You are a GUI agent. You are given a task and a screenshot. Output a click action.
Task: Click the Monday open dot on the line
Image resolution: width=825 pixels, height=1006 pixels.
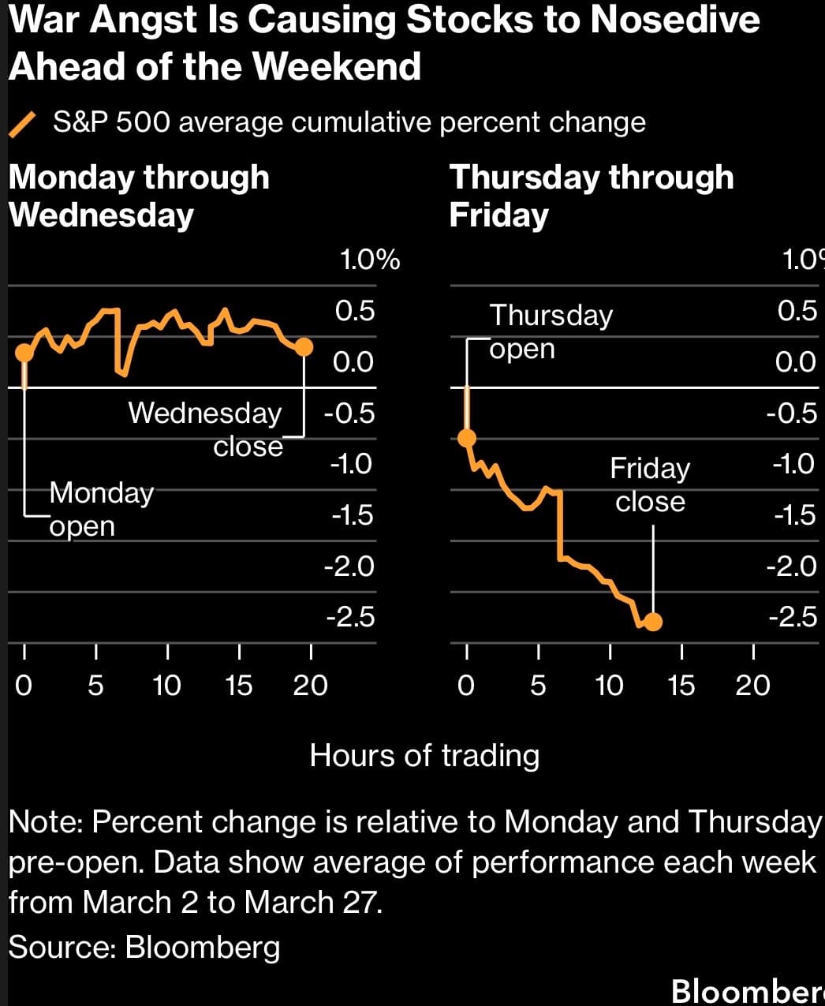[24, 351]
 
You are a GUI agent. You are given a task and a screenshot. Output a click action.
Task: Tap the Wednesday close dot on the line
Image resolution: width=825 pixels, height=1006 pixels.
[304, 346]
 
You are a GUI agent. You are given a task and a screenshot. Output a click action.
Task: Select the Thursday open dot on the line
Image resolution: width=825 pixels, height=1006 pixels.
[467, 438]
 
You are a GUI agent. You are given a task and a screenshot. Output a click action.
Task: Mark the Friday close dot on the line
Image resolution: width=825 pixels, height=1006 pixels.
[653, 622]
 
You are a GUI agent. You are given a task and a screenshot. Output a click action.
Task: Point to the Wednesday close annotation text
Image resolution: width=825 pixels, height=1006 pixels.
[205, 429]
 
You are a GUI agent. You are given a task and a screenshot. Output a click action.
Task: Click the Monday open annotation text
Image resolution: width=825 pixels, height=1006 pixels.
[101, 509]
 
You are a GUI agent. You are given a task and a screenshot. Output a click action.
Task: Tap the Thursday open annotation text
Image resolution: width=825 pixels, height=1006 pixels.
[551, 331]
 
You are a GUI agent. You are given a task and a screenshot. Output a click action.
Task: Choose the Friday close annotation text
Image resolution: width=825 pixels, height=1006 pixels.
[650, 484]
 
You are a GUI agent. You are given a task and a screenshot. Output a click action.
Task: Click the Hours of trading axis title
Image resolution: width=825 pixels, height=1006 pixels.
[424, 755]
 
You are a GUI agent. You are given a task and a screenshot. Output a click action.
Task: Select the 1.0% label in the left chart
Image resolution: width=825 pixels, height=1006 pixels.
[369, 260]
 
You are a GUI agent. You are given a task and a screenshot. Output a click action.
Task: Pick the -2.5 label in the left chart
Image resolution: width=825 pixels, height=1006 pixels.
[350, 617]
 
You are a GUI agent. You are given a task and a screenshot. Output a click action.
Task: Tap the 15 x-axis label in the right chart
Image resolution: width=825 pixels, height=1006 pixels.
[681, 685]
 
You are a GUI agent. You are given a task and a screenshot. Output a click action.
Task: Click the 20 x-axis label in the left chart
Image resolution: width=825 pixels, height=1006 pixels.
[310, 685]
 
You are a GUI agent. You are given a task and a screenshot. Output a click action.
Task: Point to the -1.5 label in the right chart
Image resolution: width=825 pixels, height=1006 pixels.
[794, 515]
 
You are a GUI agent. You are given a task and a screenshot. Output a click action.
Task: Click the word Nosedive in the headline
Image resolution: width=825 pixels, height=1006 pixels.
[675, 20]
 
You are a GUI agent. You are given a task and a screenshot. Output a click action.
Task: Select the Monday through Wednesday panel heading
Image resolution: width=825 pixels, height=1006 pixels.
[139, 196]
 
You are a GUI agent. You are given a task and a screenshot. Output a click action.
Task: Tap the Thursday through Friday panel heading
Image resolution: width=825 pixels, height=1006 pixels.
[591, 196]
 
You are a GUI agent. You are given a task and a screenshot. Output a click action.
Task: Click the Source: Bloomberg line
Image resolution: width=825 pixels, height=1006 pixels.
[144, 946]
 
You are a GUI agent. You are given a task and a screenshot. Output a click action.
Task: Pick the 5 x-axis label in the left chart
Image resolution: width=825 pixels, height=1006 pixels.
[95, 685]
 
